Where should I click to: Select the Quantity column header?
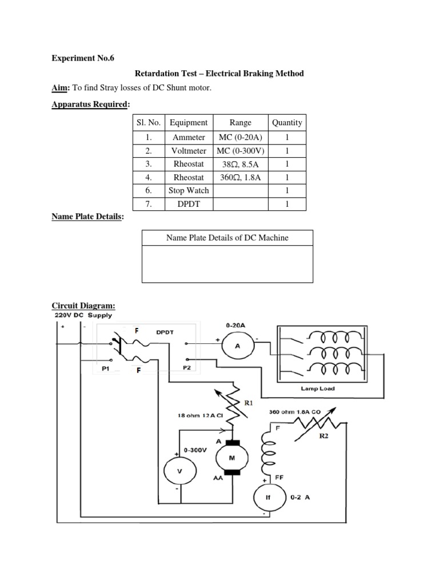(287, 122)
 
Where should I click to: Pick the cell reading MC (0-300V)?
(240, 150)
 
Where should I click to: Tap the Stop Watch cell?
(189, 190)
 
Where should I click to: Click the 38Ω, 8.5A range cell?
(240, 164)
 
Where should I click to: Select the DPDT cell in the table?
(189, 204)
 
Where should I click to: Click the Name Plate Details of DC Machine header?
(227, 238)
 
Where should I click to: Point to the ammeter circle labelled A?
(238, 346)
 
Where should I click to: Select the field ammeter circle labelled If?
(268, 497)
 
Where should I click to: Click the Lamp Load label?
(318, 388)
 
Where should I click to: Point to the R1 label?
(249, 403)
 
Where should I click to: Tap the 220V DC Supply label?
(83, 315)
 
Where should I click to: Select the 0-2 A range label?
(301, 497)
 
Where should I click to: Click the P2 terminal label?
(187, 368)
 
